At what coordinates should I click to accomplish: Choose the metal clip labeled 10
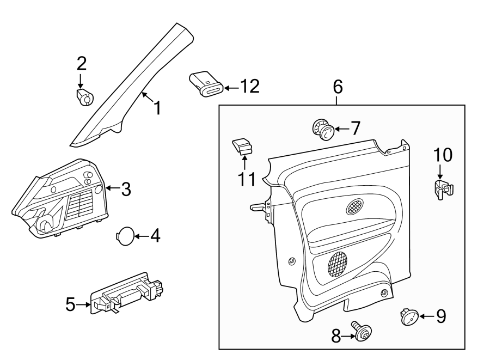(x=444, y=190)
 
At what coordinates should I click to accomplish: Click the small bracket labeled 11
(x=243, y=147)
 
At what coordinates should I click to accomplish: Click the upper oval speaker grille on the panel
(x=354, y=206)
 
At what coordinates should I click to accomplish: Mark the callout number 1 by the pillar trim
(x=157, y=108)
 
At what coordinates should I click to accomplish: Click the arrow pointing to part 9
(x=426, y=316)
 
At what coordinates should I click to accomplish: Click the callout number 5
(x=70, y=304)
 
